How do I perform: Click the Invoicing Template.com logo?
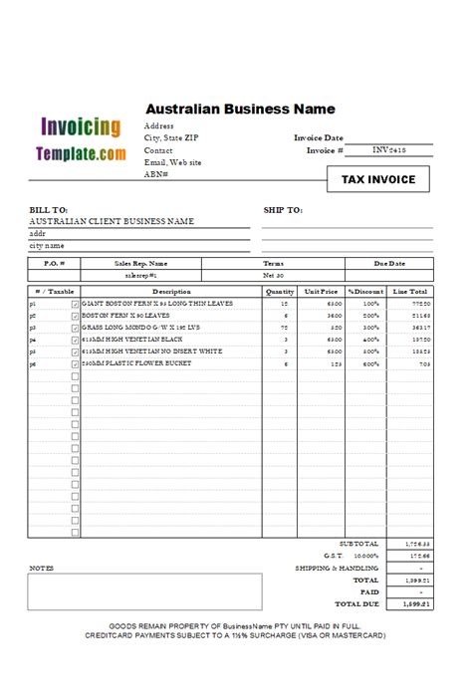(81, 140)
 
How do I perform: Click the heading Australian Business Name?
(240, 110)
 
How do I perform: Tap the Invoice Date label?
(319, 138)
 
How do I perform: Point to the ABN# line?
(156, 174)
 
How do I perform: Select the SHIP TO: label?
(282, 210)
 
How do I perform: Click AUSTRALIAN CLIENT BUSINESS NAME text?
(112, 222)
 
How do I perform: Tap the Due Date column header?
(389, 264)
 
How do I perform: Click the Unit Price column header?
(322, 292)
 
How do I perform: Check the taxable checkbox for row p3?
(75, 328)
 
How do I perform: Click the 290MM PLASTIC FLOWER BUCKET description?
(136, 363)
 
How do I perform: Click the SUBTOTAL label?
(358, 544)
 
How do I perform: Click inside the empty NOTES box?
(144, 590)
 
